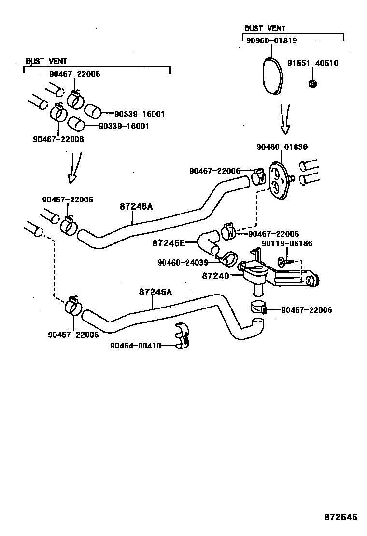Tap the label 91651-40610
pos(313,63)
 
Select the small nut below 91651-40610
pos(312,83)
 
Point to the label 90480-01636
pos(282,147)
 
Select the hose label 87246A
pos(136,206)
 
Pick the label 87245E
pos(169,243)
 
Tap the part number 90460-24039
pos(183,262)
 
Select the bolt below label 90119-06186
pos(283,262)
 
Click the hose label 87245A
pos(155,292)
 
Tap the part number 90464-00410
pos(135,345)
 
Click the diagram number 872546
pos(340,517)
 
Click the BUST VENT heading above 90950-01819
pos(265,28)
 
